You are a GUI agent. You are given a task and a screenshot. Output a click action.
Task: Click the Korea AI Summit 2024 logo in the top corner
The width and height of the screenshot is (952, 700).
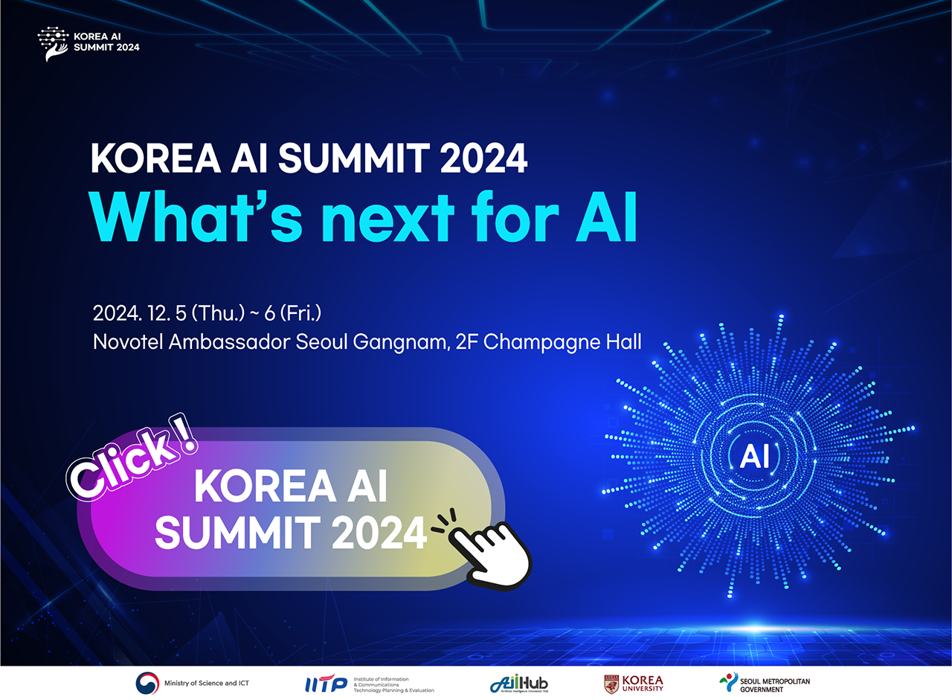88,44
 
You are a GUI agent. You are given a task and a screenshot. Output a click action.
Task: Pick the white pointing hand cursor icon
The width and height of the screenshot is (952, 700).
490,550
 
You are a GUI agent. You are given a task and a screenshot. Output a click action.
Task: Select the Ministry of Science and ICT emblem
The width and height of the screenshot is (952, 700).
147,683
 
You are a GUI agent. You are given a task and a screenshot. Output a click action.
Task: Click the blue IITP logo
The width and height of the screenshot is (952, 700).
326,684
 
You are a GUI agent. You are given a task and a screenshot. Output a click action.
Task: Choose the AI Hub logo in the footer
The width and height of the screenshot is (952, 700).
520,684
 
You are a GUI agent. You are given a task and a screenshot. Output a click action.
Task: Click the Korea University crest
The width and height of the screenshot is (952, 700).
611,684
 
